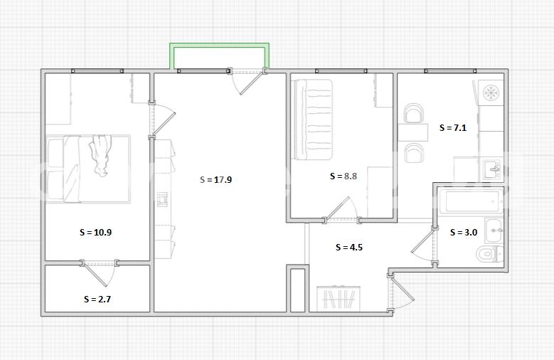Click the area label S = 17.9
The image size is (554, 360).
coord(215,180)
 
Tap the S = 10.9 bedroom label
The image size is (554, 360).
coord(95,233)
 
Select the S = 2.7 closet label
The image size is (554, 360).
coord(97,300)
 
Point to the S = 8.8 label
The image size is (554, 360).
coord(343,176)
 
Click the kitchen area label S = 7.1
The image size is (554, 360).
coord(452,127)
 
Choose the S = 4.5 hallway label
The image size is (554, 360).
coord(348,247)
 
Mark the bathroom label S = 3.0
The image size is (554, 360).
coord(463,233)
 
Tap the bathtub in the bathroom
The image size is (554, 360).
coord(471,201)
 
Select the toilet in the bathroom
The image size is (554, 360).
coord(489,253)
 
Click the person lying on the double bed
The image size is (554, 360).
coord(101,155)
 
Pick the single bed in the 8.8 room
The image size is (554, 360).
coord(314,120)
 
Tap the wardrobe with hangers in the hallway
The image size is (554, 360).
coord(339,299)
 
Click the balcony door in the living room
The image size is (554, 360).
coord(247,82)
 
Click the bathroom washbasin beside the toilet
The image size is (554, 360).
coord(494,231)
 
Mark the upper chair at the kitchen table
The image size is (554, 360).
coord(413,113)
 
